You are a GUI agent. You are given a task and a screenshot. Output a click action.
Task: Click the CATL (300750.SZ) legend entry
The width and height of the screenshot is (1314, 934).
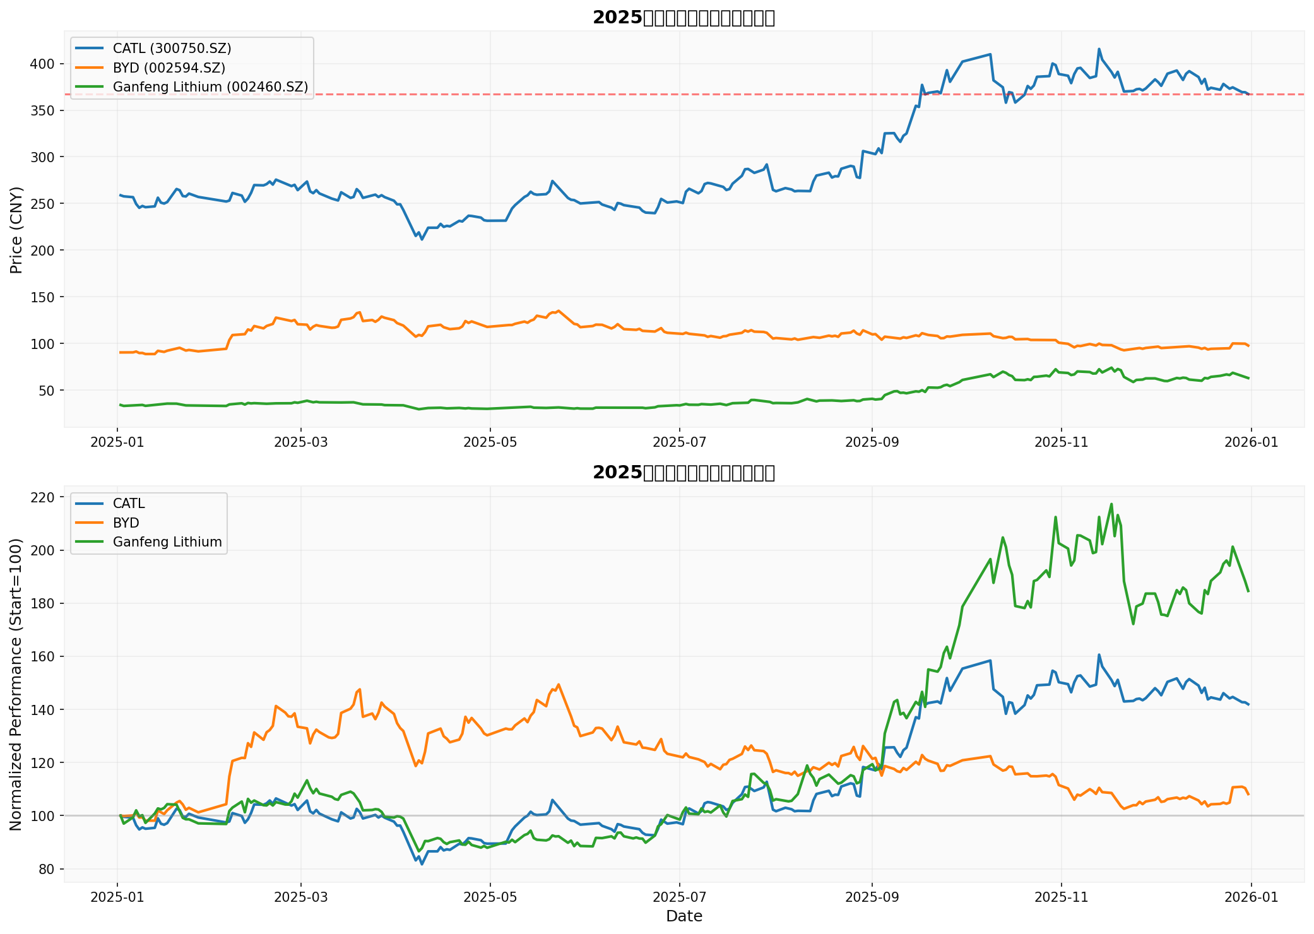[x=172, y=48]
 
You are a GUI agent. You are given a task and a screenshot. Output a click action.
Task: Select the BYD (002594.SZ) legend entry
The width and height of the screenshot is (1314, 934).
[x=169, y=68]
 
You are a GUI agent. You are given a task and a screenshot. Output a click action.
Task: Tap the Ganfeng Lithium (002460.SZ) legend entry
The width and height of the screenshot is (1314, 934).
[x=210, y=87]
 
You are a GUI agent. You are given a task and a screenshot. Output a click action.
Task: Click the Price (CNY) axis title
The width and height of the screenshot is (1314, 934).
[x=16, y=230]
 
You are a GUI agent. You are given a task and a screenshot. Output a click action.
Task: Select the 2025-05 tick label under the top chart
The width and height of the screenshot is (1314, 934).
[x=490, y=442]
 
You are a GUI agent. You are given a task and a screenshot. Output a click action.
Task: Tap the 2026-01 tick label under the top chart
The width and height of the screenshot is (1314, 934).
[x=1251, y=442]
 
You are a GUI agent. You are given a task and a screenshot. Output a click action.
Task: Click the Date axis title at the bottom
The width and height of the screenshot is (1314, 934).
[x=684, y=916]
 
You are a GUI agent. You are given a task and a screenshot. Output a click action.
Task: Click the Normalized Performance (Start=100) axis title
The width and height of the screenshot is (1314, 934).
[x=16, y=684]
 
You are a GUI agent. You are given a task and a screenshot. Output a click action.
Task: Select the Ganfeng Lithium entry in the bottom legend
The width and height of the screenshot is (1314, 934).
[x=167, y=542]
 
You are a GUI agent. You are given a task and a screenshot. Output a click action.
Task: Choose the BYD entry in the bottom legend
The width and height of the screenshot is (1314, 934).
[x=126, y=523]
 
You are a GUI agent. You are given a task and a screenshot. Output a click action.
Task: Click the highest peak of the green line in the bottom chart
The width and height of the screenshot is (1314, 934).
[x=1111, y=504]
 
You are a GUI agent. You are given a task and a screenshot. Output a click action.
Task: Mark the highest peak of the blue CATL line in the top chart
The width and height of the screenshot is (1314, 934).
[x=1099, y=49]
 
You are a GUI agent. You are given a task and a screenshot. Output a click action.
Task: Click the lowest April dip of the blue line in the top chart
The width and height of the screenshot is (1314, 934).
[x=422, y=240]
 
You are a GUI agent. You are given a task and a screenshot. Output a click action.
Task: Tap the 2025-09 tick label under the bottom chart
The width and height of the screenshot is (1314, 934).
[x=872, y=897]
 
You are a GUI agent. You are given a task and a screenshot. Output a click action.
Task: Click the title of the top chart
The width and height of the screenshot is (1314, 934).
[x=684, y=18]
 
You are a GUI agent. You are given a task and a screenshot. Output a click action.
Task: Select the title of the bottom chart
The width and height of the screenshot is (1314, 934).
[x=684, y=473]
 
